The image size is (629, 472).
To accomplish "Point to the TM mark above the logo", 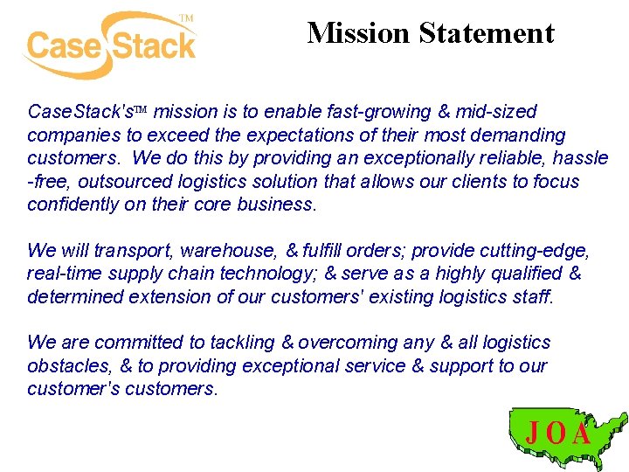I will [x=185, y=17].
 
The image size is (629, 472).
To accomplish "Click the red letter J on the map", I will [x=532, y=433].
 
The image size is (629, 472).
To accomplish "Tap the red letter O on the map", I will [x=556, y=434].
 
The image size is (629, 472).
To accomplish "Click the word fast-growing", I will [x=383, y=112].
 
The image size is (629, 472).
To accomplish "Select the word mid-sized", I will [x=497, y=112].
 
